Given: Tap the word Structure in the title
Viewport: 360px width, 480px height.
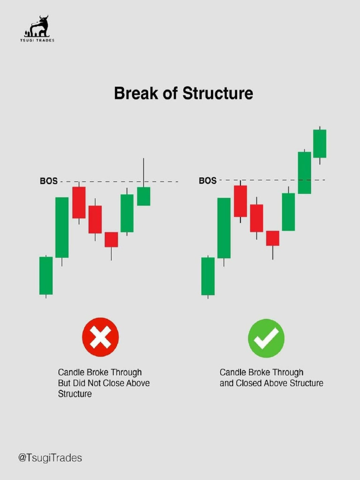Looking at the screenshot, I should coord(217,93).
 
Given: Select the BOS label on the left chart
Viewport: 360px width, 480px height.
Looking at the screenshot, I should coord(48,181).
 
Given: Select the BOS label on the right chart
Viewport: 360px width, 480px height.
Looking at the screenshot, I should coord(208,180).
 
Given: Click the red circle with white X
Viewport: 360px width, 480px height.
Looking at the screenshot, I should coord(100,337).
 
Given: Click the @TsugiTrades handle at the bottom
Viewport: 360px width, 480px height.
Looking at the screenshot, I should coord(50,457).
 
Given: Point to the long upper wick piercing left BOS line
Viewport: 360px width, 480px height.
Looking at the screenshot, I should coord(143,172).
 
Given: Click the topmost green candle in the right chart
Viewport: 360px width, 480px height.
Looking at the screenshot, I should coord(320,143).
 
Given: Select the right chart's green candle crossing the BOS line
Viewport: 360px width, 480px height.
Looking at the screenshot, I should coord(304,172).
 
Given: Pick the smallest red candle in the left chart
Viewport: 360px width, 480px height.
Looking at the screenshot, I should coord(111,239).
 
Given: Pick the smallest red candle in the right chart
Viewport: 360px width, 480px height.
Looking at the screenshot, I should coord(272,238).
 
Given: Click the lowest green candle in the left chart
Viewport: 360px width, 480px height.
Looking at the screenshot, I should coord(46,275).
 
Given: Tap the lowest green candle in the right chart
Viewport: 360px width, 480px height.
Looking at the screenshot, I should coord(208,276).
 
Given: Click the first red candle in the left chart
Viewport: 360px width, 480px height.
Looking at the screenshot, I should coord(79,202).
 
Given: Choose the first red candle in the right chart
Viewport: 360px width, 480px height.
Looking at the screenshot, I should coord(240,201).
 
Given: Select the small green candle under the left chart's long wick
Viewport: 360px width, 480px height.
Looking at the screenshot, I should coord(143,196).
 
